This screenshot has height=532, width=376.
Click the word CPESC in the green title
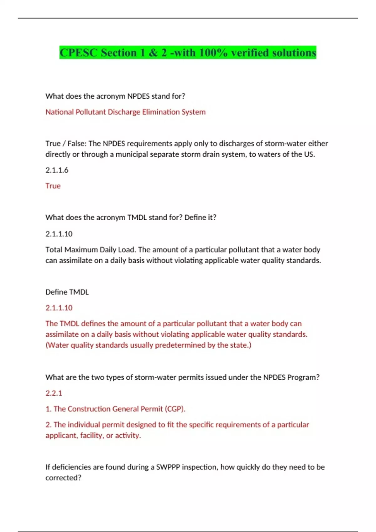click(79, 53)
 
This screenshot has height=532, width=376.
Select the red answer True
click(53, 186)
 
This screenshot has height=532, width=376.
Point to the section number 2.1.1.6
click(57, 170)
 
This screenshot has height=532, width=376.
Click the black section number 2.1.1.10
click(59, 234)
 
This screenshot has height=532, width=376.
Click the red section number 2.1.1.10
click(59, 308)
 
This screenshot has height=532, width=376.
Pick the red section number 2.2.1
click(54, 393)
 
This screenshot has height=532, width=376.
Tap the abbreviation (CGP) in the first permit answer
click(175, 409)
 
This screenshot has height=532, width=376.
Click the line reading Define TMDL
click(67, 292)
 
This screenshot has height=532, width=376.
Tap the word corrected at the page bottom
click(63, 478)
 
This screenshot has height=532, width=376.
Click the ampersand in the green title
click(153, 53)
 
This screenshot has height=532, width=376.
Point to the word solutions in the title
click(294, 53)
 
